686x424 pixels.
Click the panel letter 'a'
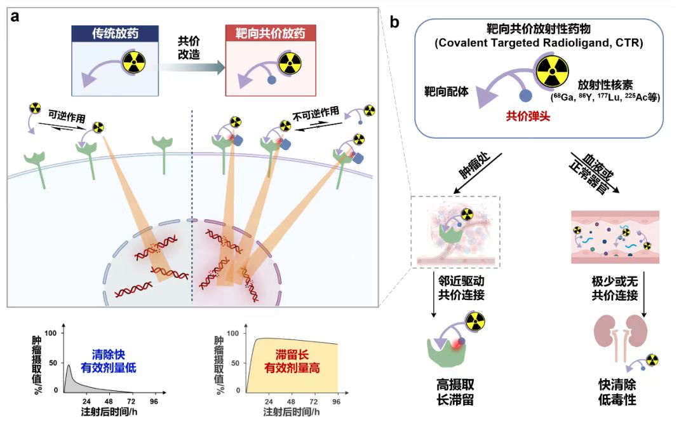[x=15, y=17]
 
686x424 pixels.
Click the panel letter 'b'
[x=394, y=24]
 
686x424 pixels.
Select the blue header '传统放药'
[x=109, y=34]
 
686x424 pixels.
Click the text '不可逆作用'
[x=316, y=112]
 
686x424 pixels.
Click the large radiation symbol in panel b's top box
[x=551, y=71]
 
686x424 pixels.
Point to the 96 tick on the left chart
[x=154, y=402]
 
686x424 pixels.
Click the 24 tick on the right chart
[x=269, y=402]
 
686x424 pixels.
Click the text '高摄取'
[x=450, y=385]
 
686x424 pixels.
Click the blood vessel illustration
[x=615, y=236]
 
